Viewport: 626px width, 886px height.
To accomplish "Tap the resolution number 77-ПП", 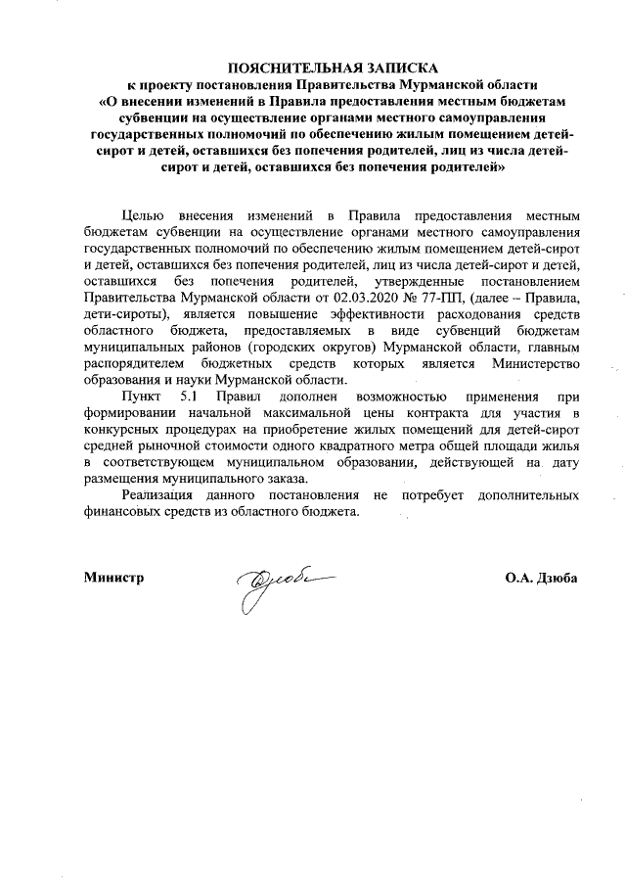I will pos(422,298).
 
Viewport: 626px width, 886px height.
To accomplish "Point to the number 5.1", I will pos(190,397).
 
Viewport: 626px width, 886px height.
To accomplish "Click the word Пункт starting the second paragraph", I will pos(143,397).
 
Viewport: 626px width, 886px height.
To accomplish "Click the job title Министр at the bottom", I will pos(114,578).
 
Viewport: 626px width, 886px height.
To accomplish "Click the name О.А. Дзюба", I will pos(541,578).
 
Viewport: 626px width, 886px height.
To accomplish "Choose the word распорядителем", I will pos(136,364).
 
